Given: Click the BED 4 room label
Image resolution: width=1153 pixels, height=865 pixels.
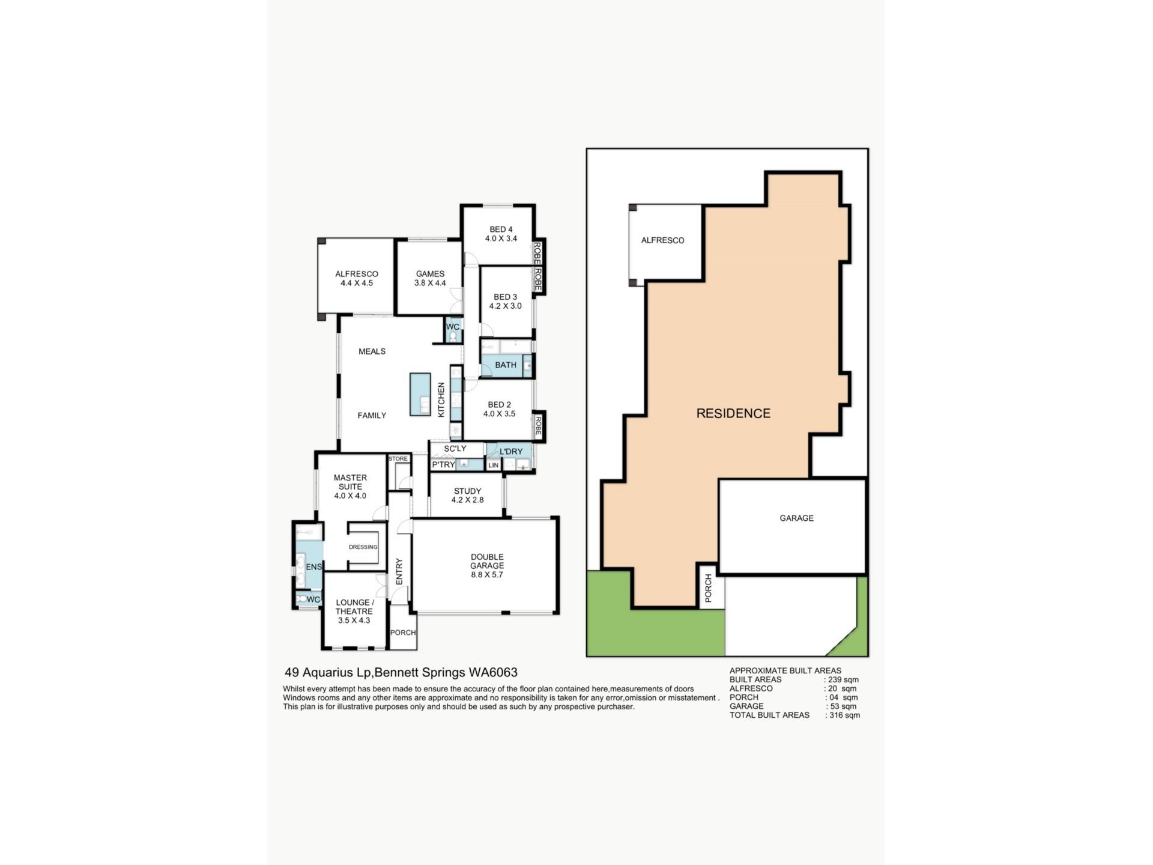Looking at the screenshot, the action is tap(501, 229).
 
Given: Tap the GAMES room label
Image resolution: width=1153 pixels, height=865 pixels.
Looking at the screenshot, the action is tap(430, 274).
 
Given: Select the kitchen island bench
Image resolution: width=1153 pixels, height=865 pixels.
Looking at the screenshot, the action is tap(420, 394).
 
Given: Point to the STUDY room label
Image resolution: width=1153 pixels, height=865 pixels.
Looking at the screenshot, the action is tap(467, 491).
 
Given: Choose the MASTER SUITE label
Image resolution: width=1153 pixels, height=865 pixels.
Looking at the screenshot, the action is tap(350, 482).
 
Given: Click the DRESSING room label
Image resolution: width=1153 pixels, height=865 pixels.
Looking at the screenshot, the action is tap(363, 547).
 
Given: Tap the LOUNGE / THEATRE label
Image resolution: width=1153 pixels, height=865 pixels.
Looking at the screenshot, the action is tap(354, 607).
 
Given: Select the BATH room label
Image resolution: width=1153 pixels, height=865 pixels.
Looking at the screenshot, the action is tap(506, 365).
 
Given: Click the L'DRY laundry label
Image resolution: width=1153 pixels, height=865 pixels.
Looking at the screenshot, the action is tap(511, 452).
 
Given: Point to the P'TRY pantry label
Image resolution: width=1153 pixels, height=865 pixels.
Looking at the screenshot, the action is tap(443, 465).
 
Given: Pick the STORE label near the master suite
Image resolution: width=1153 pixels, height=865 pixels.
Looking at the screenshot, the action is tap(398, 459).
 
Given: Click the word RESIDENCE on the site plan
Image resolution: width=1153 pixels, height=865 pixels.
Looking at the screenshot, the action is tap(733, 413).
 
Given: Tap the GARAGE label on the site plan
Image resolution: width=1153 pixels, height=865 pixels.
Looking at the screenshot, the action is tap(797, 518).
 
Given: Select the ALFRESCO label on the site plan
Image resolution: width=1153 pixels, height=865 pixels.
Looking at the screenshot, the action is tap(663, 240).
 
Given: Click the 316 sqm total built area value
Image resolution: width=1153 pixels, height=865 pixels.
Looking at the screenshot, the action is tap(845, 715).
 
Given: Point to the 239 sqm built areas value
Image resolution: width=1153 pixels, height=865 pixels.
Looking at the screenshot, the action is tap(844, 680).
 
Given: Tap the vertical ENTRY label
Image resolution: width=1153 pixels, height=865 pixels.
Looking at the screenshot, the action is tap(399, 571).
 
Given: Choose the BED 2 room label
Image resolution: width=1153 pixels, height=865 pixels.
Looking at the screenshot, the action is tap(500, 405).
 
